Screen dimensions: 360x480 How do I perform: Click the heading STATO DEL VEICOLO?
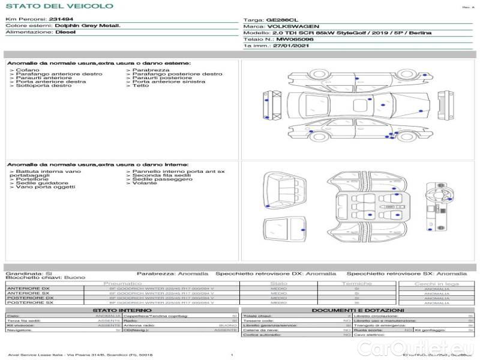(59, 6)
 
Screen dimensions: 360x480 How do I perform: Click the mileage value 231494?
(60, 19)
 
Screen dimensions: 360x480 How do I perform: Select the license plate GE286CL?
(281, 19)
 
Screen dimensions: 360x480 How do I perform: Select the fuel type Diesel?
(65, 32)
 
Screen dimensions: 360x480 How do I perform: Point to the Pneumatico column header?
(123, 283)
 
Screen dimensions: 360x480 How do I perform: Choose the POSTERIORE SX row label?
(29, 303)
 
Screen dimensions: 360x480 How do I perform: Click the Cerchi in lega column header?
(436, 283)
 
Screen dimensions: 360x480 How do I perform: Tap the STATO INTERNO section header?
(118, 310)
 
